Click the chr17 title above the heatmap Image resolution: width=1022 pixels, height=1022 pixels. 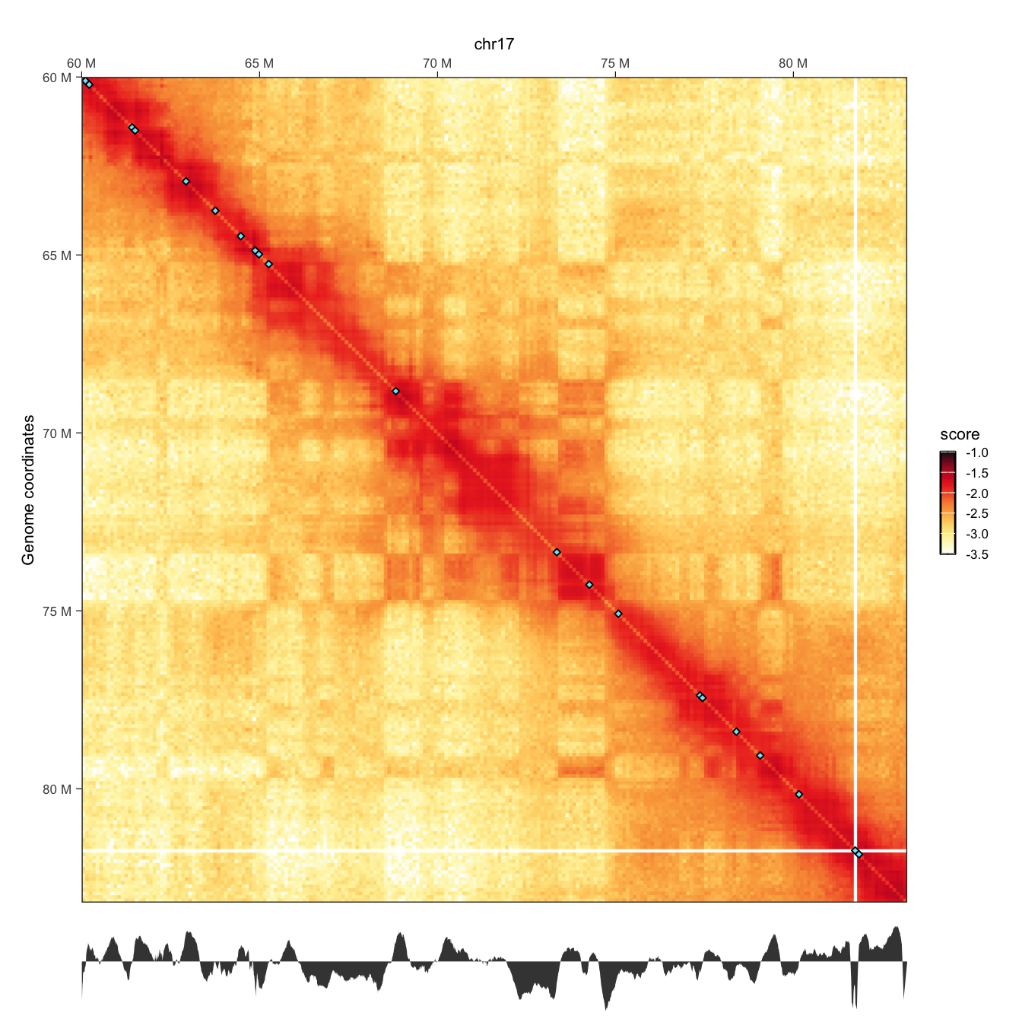494,44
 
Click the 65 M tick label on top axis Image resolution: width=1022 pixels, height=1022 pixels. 259,63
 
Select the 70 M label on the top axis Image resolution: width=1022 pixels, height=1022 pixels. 437,63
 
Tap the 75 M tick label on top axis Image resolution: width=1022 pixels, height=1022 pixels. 614,63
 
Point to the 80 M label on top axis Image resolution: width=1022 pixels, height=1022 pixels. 793,63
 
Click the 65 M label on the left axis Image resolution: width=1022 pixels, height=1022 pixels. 57,255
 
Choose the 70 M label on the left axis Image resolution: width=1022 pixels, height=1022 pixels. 57,433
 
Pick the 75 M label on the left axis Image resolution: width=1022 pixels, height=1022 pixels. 57,611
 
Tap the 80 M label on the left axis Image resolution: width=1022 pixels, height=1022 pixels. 57,789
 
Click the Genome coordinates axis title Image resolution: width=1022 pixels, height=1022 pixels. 29,490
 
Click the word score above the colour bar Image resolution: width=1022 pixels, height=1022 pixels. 960,435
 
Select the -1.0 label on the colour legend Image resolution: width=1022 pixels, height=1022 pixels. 976,453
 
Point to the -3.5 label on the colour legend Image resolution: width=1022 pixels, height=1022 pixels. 976,555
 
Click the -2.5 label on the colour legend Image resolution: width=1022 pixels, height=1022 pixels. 976,514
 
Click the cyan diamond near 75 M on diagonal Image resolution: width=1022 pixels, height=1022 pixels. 618,614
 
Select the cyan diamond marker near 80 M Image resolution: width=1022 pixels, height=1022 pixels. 798,795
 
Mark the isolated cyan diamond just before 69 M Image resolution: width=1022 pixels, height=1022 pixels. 395,391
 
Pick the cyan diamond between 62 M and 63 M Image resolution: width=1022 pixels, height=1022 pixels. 186,182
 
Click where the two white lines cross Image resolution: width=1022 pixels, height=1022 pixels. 855,850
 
